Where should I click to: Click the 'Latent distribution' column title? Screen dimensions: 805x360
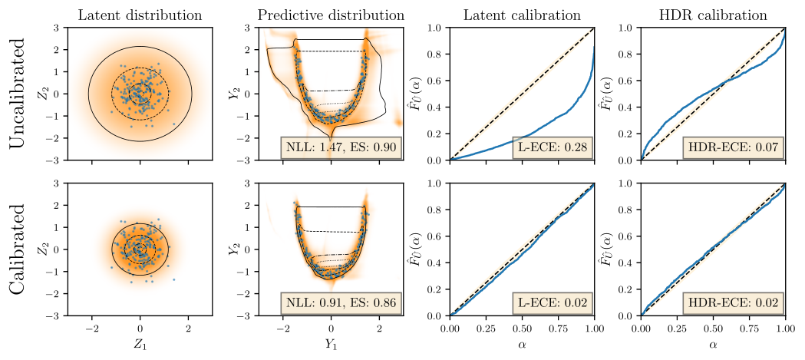(140, 15)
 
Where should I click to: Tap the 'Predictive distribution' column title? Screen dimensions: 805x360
(331, 15)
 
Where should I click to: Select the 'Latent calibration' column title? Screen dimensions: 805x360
(522, 15)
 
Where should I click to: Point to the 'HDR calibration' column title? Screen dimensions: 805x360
(713, 15)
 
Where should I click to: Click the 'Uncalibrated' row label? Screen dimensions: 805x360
(18, 94)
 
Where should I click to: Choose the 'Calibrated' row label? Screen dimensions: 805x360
(18, 249)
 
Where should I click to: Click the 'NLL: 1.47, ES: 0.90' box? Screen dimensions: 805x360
(339, 148)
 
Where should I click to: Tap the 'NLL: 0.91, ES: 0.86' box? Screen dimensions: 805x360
(339, 303)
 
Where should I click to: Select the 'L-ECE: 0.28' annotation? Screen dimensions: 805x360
(553, 148)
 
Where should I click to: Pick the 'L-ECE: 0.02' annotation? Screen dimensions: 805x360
(553, 303)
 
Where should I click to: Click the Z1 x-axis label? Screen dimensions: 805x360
(140, 345)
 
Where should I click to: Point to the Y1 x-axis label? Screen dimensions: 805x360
(332, 345)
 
